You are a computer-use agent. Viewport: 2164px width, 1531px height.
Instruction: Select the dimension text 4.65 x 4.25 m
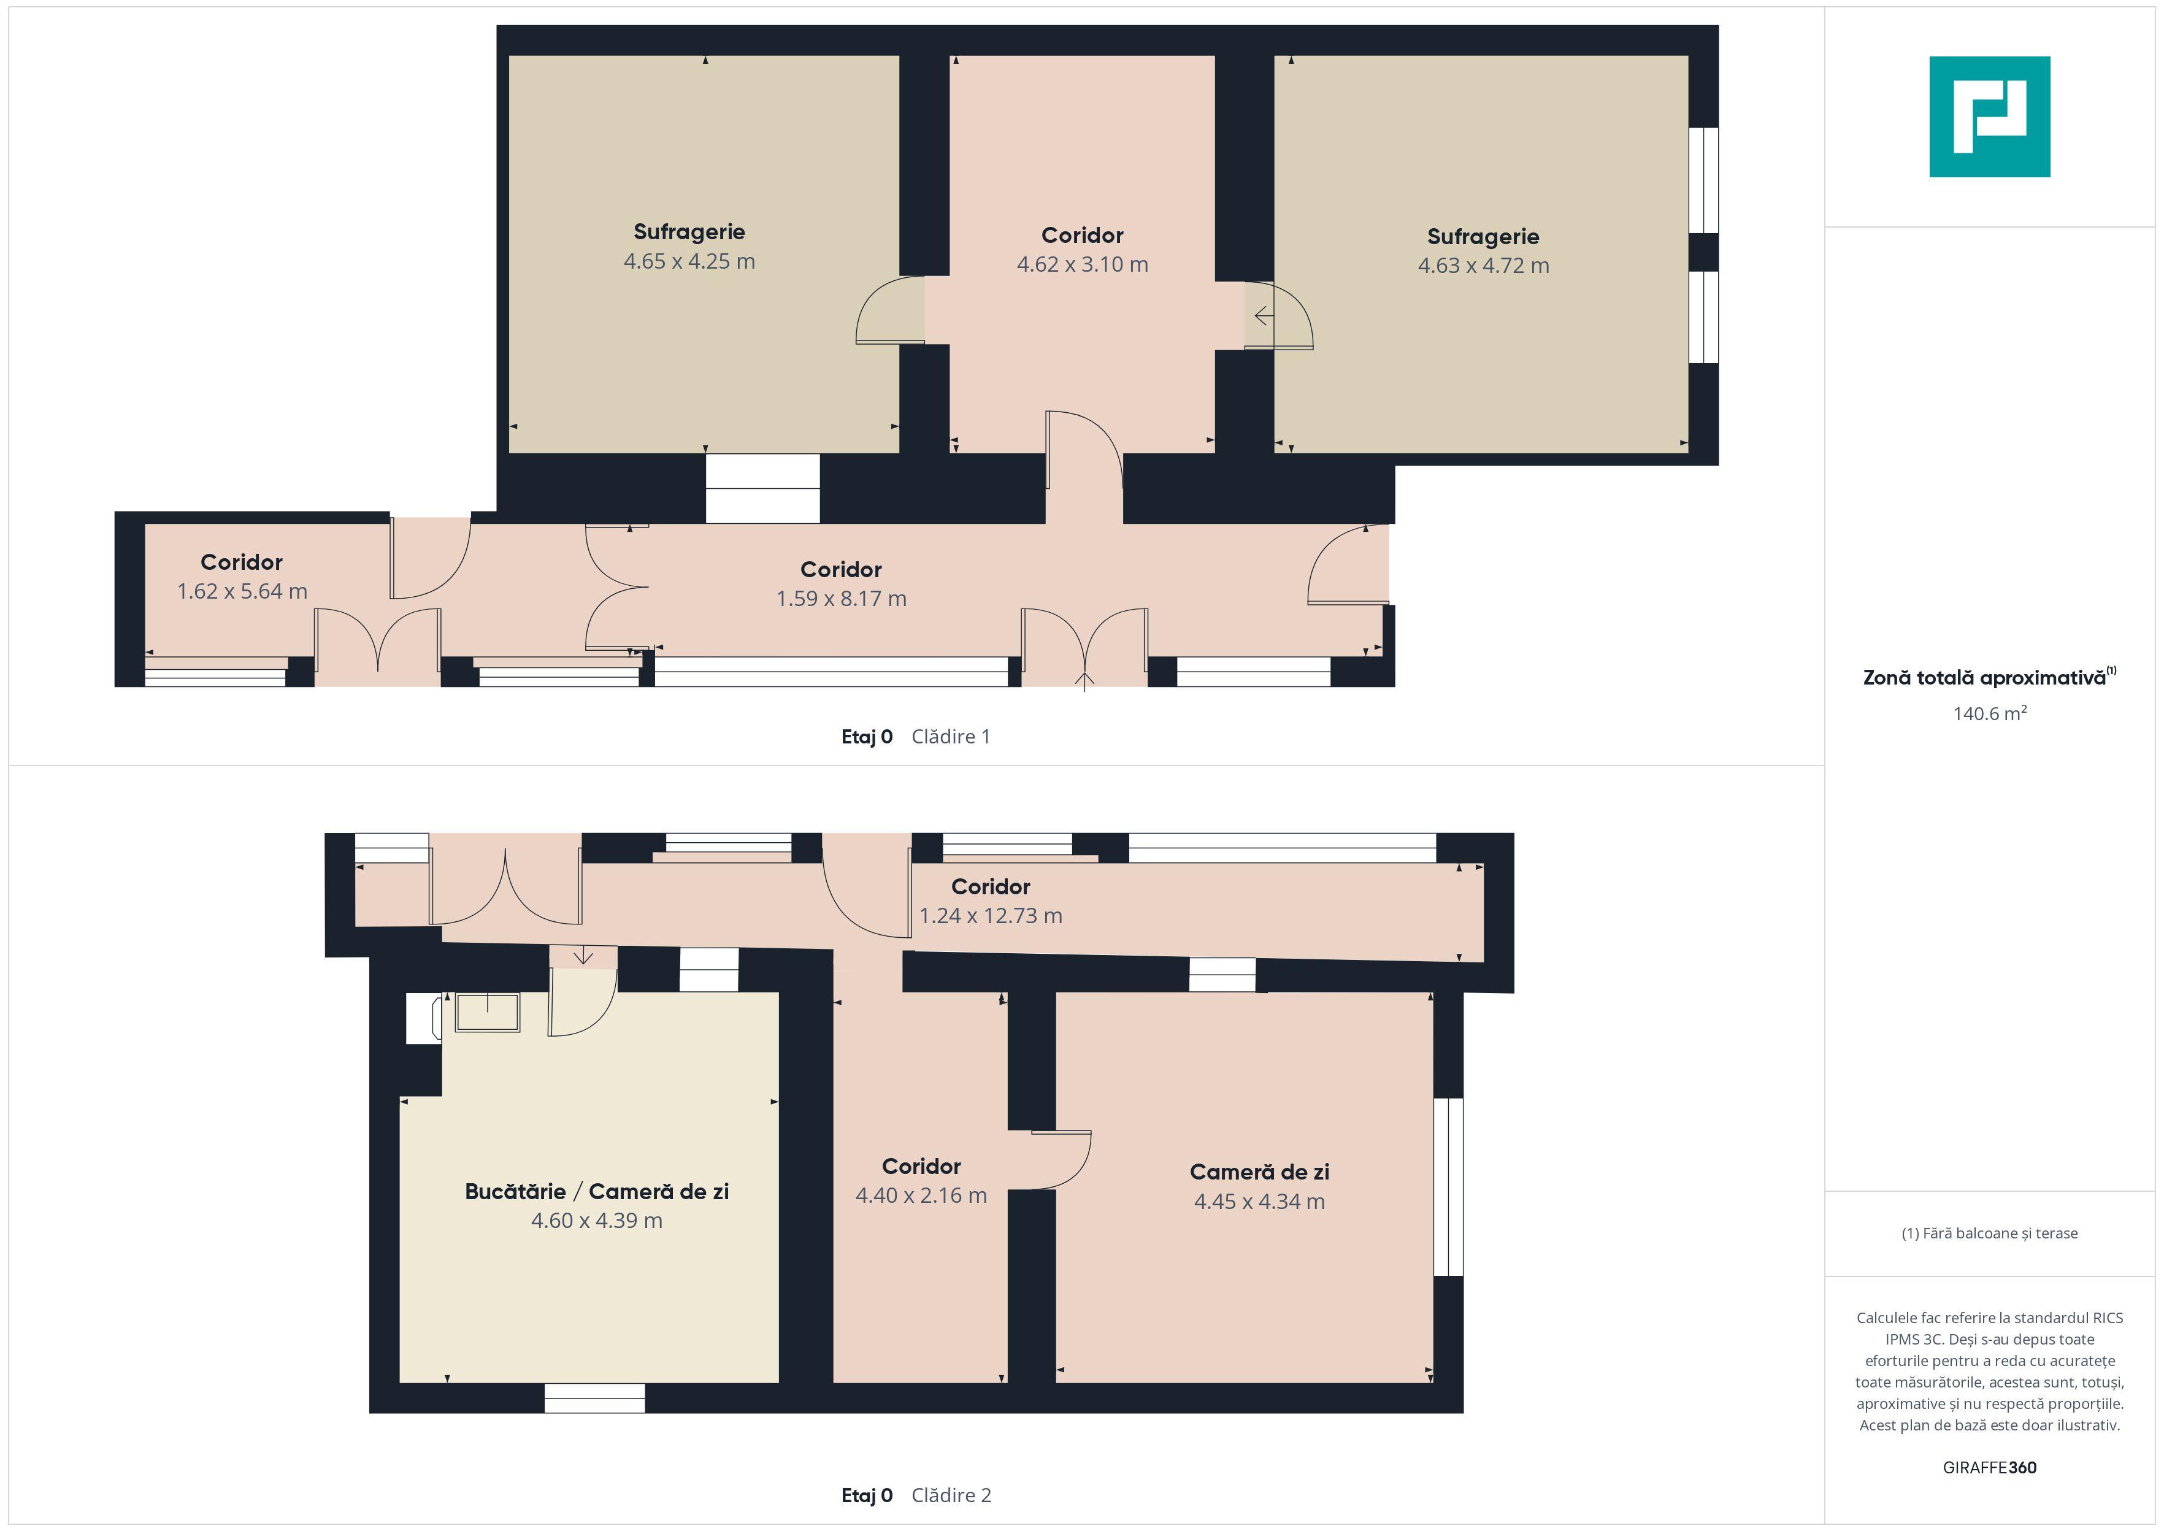tap(689, 261)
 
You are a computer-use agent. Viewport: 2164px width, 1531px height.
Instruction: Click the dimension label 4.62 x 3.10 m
tap(1082, 264)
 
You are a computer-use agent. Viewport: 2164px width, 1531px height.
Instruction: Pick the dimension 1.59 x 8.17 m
tap(841, 599)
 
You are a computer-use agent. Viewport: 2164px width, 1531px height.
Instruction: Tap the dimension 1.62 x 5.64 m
tap(242, 591)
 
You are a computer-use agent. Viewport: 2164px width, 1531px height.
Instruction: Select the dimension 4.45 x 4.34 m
tap(1259, 1201)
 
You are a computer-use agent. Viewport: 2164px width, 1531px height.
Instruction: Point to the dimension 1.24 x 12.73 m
tap(991, 915)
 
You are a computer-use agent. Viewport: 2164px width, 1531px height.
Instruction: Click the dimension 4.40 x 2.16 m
tap(921, 1195)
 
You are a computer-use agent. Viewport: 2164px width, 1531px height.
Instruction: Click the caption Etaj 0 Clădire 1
tap(915, 736)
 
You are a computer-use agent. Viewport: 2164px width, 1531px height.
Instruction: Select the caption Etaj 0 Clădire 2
tap(915, 1495)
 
